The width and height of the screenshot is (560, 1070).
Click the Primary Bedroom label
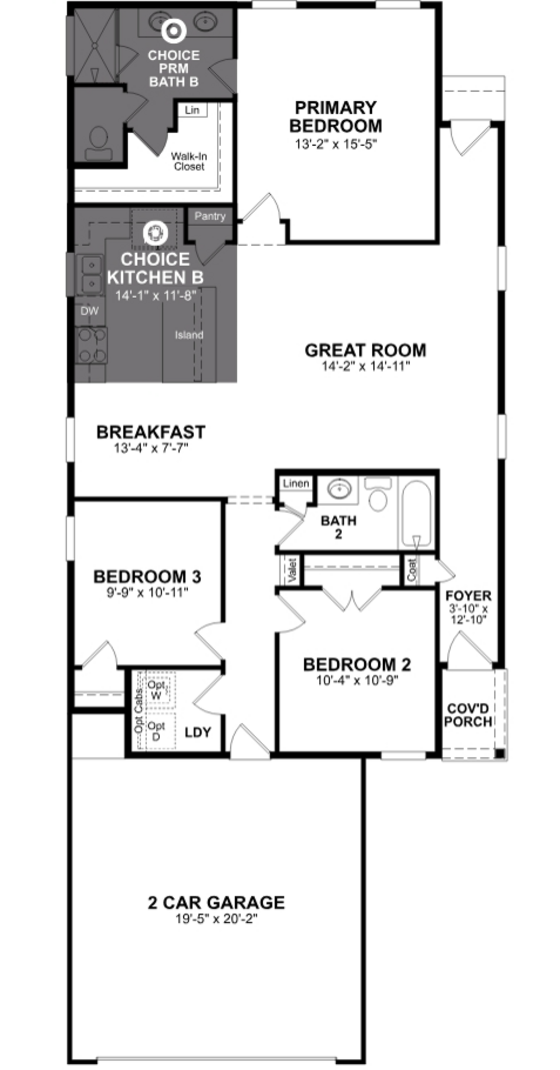tap(335, 117)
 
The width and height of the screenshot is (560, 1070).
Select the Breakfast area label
tap(151, 432)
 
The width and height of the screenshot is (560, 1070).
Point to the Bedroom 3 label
tap(147, 577)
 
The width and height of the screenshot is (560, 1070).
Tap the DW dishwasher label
tap(89, 311)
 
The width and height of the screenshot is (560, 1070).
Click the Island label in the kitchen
tap(189, 335)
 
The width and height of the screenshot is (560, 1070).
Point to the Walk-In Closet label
tap(189, 161)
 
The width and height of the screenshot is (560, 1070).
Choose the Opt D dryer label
tap(156, 731)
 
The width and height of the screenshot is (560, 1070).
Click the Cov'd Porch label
tap(468, 715)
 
